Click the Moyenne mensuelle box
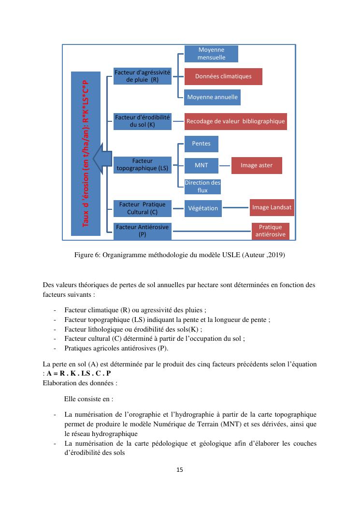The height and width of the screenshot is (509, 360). [x=211, y=54]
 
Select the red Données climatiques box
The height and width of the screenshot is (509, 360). [x=223, y=76]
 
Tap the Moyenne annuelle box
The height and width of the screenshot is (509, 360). [x=213, y=97]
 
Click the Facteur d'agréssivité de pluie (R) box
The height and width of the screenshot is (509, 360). [x=142, y=76]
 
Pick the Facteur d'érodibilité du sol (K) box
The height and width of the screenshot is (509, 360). [x=142, y=121]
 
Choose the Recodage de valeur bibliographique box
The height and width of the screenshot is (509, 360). [x=236, y=121]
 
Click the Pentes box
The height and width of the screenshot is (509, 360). [x=201, y=144]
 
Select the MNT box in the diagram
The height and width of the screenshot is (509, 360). [x=201, y=165]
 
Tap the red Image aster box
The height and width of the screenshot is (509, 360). [x=257, y=165]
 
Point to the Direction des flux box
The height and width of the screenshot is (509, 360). [x=202, y=186]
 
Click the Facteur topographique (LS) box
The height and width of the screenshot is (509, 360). [x=142, y=165]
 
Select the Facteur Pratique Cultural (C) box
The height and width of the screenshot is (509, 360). [x=142, y=208]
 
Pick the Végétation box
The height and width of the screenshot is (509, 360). [x=203, y=208]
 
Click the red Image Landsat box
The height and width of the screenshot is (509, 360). [x=272, y=208]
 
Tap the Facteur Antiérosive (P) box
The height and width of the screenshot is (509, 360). [x=142, y=231]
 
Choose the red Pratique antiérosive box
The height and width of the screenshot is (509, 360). [x=270, y=231]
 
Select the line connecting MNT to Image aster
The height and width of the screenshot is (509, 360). [x=225, y=165]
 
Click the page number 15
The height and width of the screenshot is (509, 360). [x=180, y=469]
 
